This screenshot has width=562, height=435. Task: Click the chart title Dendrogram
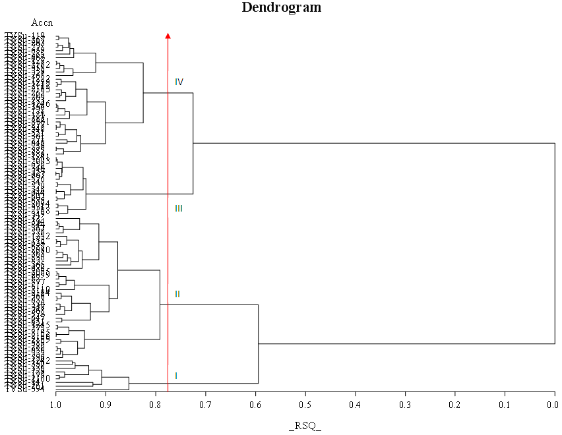(x=282, y=8)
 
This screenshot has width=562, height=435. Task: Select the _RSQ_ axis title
(x=305, y=426)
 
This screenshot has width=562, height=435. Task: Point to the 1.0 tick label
(x=56, y=404)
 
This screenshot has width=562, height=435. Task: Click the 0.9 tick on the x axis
(x=106, y=404)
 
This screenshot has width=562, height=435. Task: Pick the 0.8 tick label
(x=156, y=404)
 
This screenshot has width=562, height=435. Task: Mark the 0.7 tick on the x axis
(x=206, y=404)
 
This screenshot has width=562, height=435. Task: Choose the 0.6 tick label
(x=255, y=404)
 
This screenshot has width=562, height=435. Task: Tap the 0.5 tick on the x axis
(x=305, y=404)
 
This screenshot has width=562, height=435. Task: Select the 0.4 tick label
(x=356, y=404)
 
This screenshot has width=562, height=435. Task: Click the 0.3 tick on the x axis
(x=405, y=404)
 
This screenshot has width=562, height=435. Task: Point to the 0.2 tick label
(x=455, y=404)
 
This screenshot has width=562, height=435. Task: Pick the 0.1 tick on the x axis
(x=505, y=404)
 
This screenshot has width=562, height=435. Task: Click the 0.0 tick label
(x=553, y=404)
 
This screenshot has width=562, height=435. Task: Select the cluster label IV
(x=179, y=82)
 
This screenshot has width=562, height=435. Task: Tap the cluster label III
(x=179, y=208)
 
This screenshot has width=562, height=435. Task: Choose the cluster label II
(x=177, y=294)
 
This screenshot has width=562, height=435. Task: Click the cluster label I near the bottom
(x=176, y=376)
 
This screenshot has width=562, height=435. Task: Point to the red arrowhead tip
(x=168, y=34)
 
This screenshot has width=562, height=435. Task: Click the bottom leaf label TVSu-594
(x=25, y=390)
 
